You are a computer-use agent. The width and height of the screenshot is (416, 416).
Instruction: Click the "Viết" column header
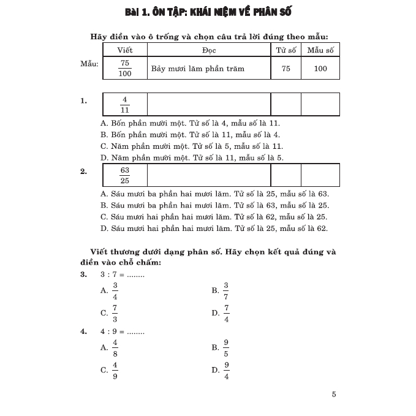tap(125, 50)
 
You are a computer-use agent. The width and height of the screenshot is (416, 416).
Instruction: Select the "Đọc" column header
tap(208, 50)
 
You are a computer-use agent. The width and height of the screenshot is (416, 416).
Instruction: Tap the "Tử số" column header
tap(286, 50)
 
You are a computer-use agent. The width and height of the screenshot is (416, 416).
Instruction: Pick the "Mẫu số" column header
tap(320, 50)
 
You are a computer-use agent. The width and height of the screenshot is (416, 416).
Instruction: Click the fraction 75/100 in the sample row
tap(125, 69)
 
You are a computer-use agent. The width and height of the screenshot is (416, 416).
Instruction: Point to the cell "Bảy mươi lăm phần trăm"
tap(198, 69)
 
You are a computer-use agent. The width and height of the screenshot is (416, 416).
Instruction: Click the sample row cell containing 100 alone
tap(320, 69)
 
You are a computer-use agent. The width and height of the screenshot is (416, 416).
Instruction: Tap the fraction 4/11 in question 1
tap(125, 104)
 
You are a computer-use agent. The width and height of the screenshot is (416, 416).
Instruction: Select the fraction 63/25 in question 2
tap(125, 175)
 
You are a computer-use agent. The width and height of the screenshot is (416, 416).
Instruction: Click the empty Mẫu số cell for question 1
tap(320, 104)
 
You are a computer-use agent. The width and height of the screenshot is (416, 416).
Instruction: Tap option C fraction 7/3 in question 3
tap(115, 313)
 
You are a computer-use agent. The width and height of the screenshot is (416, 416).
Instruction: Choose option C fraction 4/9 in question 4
tap(115, 370)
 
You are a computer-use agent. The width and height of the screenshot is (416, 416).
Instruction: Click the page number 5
tap(334, 395)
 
